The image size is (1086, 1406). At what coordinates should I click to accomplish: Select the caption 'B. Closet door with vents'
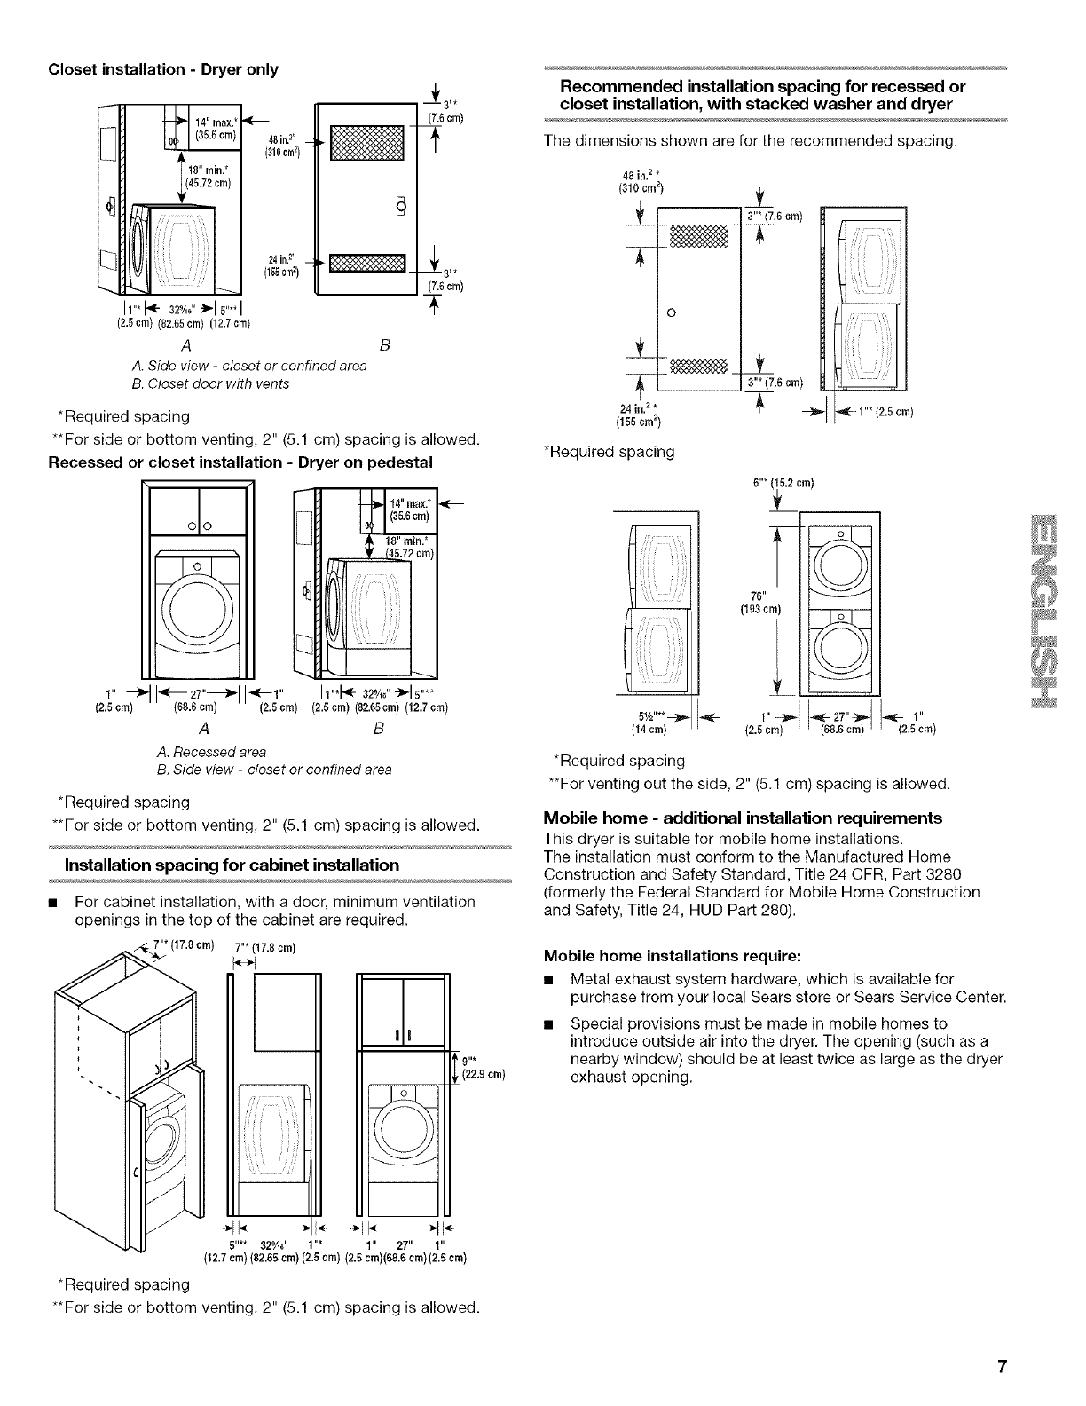(x=209, y=383)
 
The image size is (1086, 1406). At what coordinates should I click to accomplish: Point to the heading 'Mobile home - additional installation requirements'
(x=742, y=817)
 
